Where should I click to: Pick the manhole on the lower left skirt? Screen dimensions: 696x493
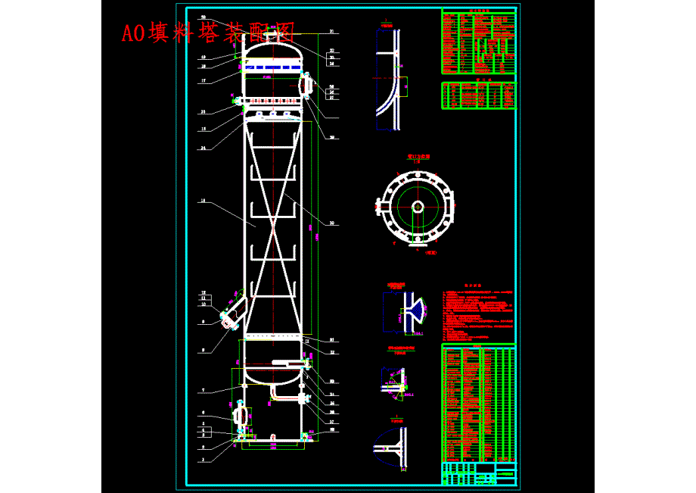(x=241, y=415)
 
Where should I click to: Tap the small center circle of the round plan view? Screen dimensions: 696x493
(x=417, y=206)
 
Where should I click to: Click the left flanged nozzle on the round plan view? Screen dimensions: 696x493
(x=379, y=204)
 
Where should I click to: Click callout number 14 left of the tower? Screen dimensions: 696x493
(x=203, y=201)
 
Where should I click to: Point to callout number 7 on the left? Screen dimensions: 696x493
(x=203, y=390)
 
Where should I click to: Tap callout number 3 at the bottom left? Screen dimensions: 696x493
(x=203, y=448)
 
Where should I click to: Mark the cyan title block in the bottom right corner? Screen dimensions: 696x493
(x=479, y=473)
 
